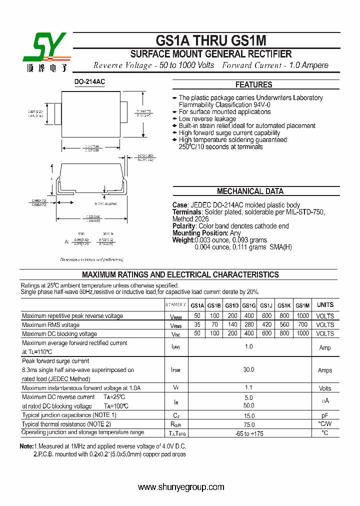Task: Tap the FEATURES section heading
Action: point(254,85)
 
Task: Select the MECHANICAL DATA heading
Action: point(250,191)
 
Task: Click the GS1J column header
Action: point(266,305)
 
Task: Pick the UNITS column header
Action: point(325,305)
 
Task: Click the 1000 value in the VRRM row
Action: point(302,316)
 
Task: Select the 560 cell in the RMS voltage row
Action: point(284,325)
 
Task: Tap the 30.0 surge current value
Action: point(248,370)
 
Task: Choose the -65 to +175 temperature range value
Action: point(248,433)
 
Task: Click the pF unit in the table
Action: point(325,415)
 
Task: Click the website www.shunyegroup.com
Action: point(181,487)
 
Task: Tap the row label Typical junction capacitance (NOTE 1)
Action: point(69,415)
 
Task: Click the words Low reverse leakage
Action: point(207,119)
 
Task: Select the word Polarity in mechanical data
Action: point(184,226)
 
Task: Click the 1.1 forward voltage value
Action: point(248,387)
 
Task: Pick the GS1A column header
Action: point(197,305)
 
